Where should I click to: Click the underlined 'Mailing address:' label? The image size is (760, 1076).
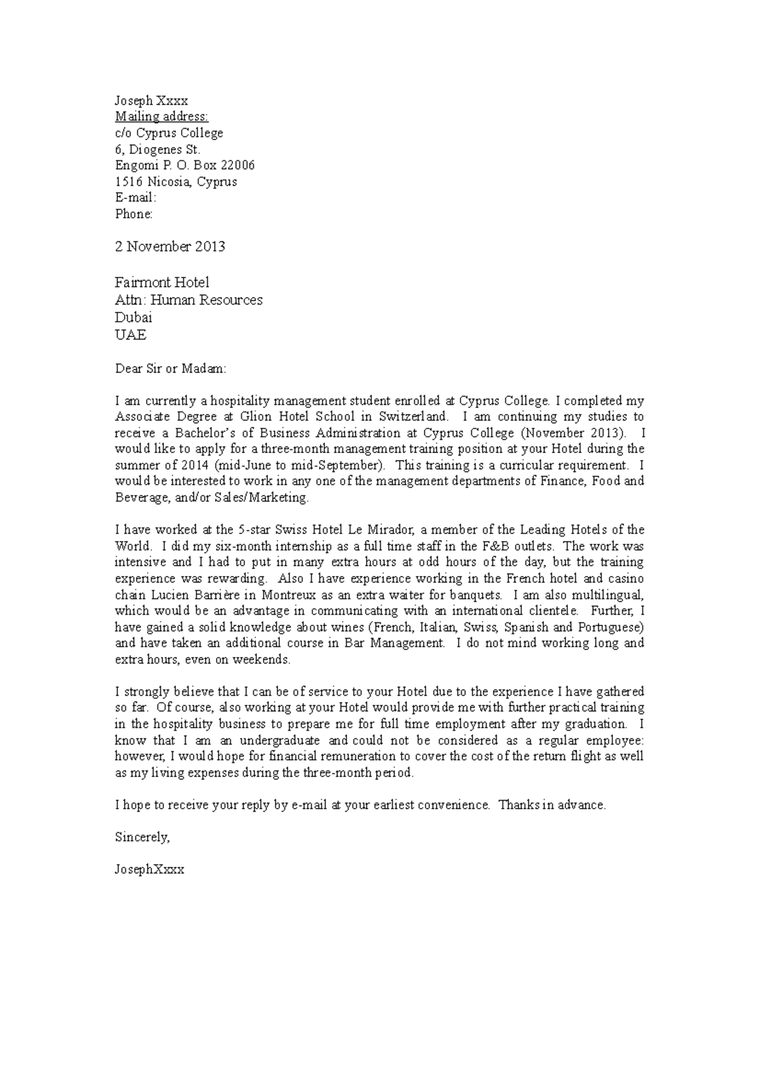tap(161, 117)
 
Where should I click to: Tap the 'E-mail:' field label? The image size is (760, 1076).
tap(135, 198)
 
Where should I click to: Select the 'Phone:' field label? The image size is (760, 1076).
tap(134, 214)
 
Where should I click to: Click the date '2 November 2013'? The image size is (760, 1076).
tap(170, 247)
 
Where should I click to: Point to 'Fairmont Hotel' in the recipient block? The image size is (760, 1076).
tap(161, 283)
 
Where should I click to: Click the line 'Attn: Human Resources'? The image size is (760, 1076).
tap(188, 300)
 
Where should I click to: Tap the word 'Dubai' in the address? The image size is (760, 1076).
tap(133, 317)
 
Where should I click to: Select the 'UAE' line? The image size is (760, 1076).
tap(130, 335)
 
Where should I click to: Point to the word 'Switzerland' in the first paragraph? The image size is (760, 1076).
tap(413, 417)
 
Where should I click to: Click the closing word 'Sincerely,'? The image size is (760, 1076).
tap(142, 837)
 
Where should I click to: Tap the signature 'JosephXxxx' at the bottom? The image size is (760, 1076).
tap(149, 869)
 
